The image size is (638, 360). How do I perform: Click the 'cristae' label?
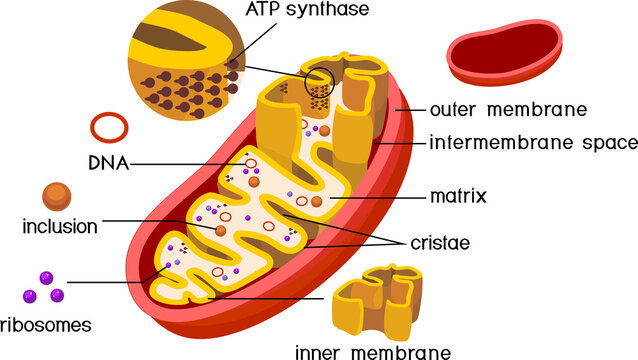tap(439, 243)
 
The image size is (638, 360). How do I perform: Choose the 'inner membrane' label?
tap(372, 351)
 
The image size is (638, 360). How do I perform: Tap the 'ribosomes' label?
tap(46, 325)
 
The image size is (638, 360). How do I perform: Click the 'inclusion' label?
tap(59, 227)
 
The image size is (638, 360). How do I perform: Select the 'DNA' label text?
tap(107, 163)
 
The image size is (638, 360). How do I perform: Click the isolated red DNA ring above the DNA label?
tap(108, 127)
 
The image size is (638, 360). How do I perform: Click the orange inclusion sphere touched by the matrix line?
tap(317, 203)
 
